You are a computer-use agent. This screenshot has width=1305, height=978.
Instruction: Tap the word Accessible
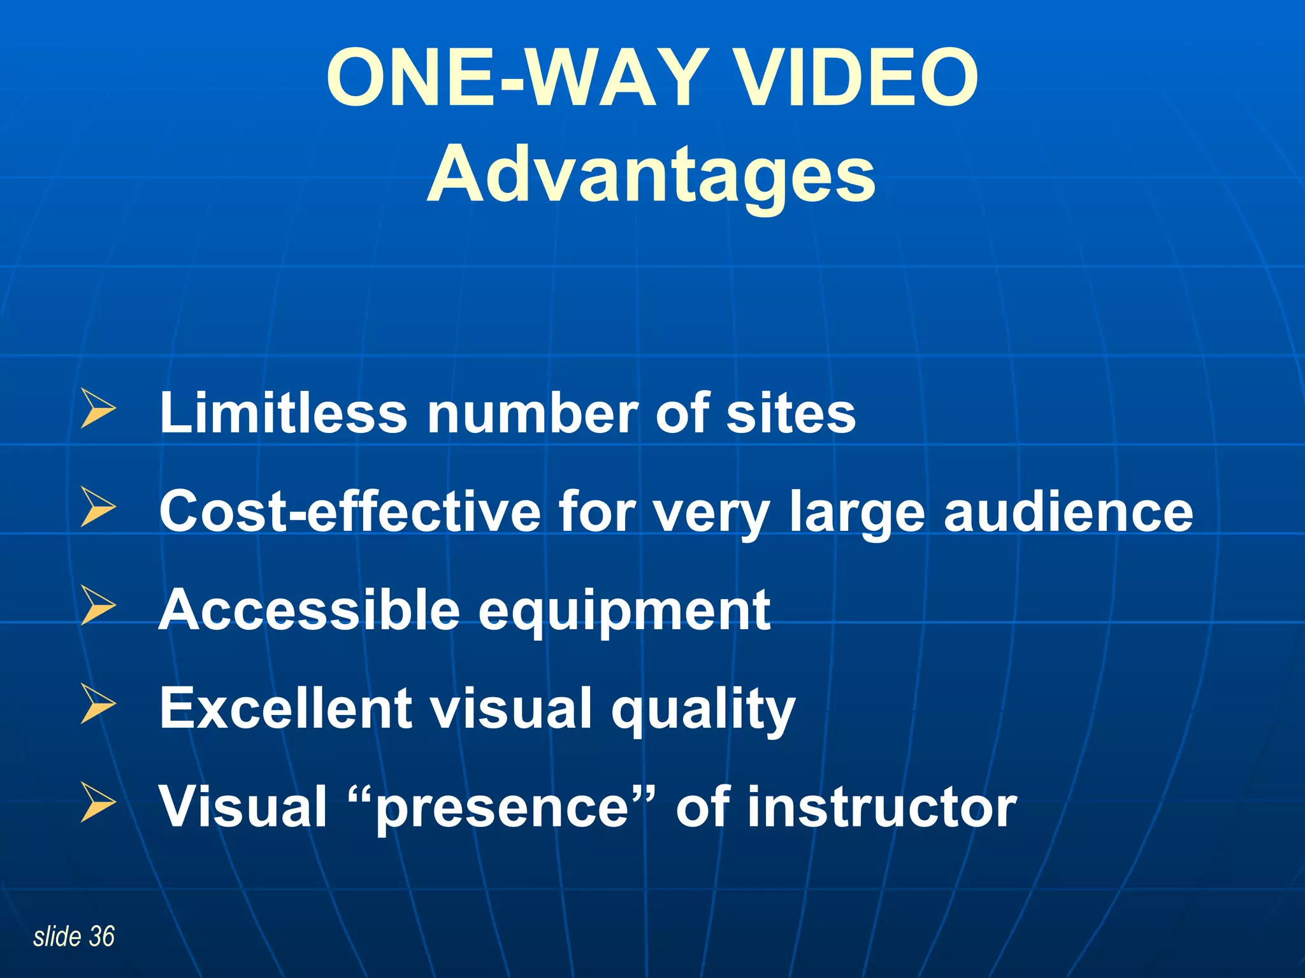pyautogui.click(x=309, y=610)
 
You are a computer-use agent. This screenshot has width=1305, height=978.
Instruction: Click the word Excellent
pyautogui.click(x=285, y=708)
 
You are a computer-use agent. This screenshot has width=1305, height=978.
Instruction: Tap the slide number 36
pyautogui.click(x=102, y=937)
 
